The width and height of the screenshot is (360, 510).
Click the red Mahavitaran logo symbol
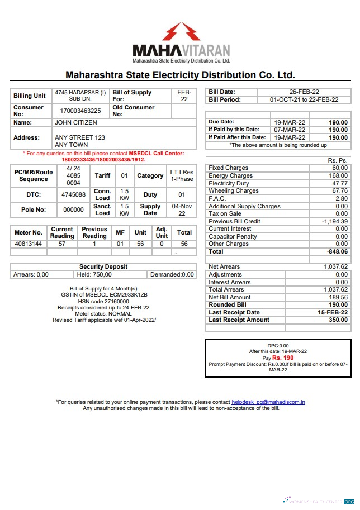coord(181,32)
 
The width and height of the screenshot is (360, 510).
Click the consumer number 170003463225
coord(80,111)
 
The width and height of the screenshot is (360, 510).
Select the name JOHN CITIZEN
coord(75,122)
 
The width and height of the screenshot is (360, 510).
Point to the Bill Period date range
coord(304,100)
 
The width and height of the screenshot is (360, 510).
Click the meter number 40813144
coord(28,244)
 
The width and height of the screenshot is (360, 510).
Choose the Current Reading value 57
coord(62,244)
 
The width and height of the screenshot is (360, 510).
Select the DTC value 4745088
coord(73,195)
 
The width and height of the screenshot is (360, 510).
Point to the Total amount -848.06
coord(336,252)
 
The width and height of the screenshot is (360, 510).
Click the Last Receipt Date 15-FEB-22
coord(333,313)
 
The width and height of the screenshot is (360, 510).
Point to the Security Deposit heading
coord(103,267)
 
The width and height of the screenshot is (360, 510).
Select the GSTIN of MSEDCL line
coord(104,295)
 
